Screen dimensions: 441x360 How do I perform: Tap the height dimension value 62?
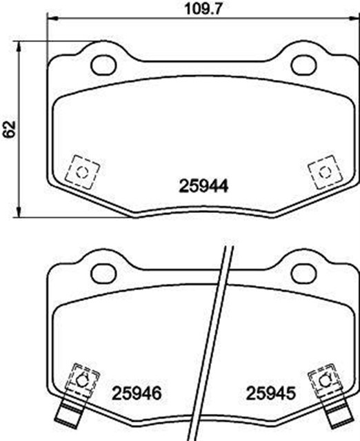9,129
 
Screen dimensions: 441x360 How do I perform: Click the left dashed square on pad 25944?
82,171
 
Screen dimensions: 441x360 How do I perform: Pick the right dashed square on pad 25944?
323,171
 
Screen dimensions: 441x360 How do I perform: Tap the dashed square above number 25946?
80,380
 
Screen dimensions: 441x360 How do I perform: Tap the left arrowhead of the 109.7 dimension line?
49,20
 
